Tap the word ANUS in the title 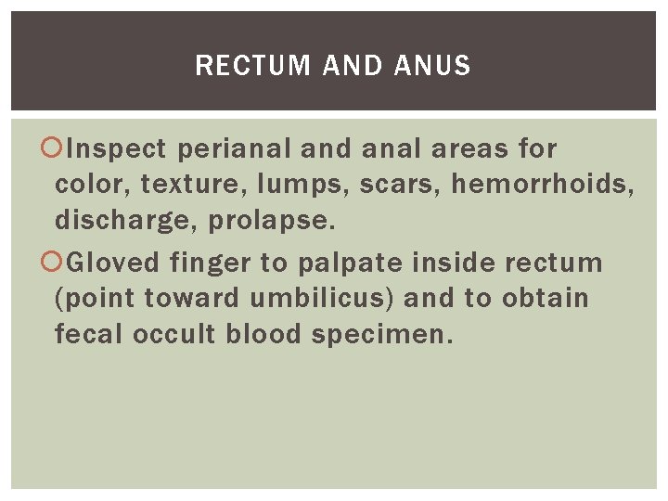432,66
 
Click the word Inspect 117,148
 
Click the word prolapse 266,221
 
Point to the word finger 210,263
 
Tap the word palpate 350,263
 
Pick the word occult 174,334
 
